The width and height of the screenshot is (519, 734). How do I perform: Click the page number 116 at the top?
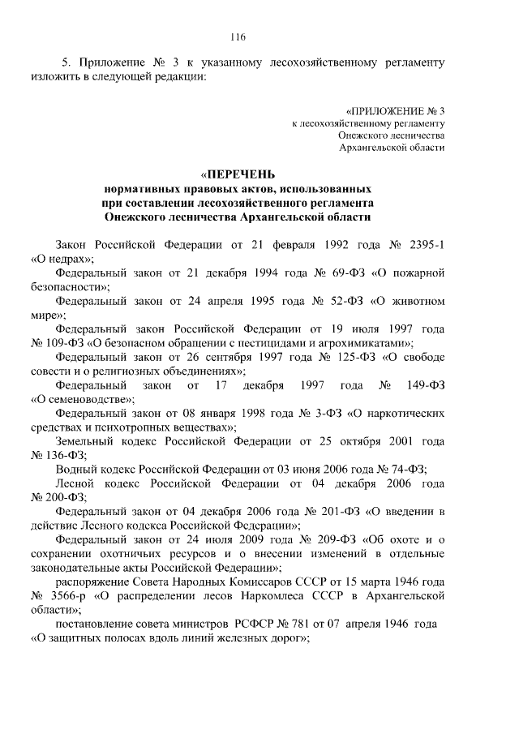click(238, 36)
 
